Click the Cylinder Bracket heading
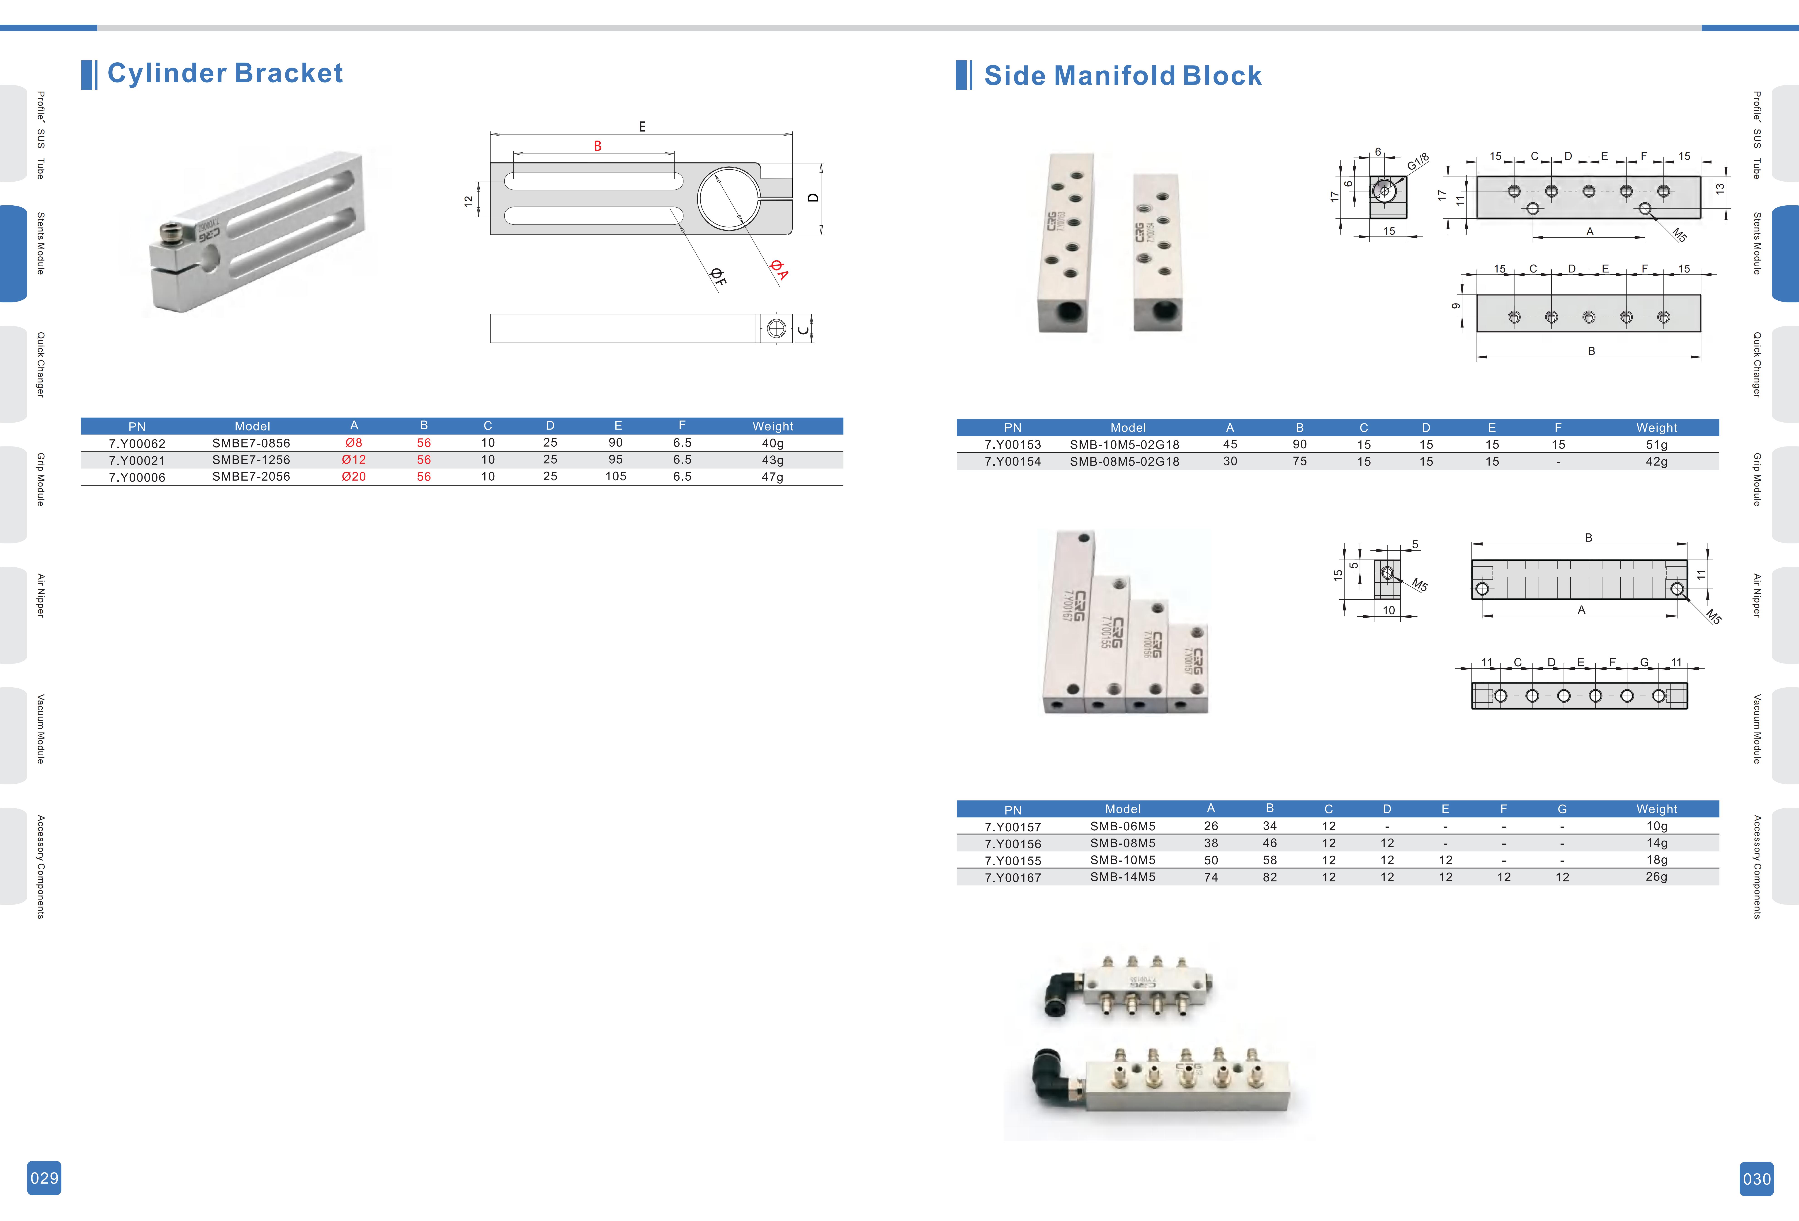224,73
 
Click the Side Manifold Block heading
1122,76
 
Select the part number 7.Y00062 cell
137,444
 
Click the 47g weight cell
772,477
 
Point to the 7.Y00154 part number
1012,462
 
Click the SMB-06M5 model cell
1122,826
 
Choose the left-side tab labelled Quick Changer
40,365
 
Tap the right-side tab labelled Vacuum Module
1757,729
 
